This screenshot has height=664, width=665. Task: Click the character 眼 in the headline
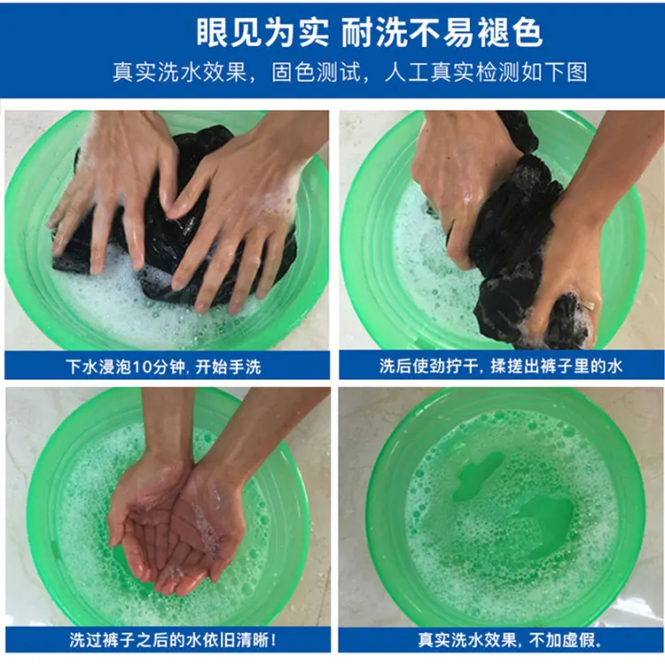click(x=212, y=32)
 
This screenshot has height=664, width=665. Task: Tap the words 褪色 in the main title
click(x=510, y=32)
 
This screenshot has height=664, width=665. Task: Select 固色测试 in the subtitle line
click(x=317, y=72)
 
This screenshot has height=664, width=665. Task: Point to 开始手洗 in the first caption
click(x=228, y=367)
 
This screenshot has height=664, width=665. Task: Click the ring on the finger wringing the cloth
click(x=588, y=305)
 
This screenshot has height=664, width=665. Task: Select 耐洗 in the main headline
click(x=367, y=32)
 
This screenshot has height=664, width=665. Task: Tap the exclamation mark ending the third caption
click(x=273, y=639)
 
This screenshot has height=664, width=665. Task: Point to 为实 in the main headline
click(x=297, y=32)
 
